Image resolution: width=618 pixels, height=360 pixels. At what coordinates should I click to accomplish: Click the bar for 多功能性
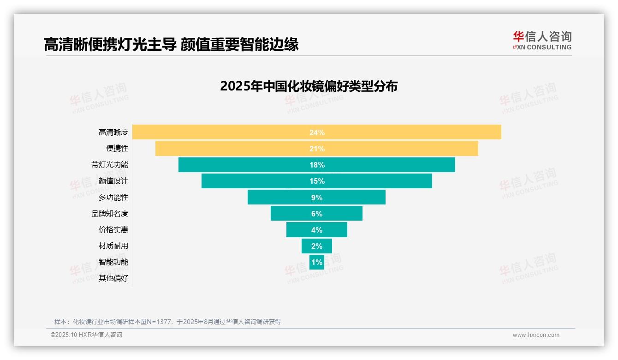[277, 197]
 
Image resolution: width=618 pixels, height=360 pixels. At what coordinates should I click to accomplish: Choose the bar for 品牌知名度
[291, 213]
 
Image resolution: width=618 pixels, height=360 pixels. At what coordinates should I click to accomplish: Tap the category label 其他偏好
[113, 278]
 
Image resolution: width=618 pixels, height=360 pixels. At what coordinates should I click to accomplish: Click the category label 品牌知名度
[110, 214]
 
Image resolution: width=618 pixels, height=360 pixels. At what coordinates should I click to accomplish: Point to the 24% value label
[317, 132]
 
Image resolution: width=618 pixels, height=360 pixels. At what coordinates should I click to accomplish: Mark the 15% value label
[317, 181]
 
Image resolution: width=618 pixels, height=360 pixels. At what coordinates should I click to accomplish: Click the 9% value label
[317, 198]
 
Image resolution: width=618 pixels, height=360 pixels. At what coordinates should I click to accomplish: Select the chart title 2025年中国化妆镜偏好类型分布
[309, 86]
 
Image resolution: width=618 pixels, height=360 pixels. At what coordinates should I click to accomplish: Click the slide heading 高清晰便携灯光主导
[110, 44]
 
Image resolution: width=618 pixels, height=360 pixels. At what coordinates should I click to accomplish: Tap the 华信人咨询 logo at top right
[542, 40]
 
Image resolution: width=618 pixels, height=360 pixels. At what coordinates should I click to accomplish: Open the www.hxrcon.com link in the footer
[535, 335]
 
